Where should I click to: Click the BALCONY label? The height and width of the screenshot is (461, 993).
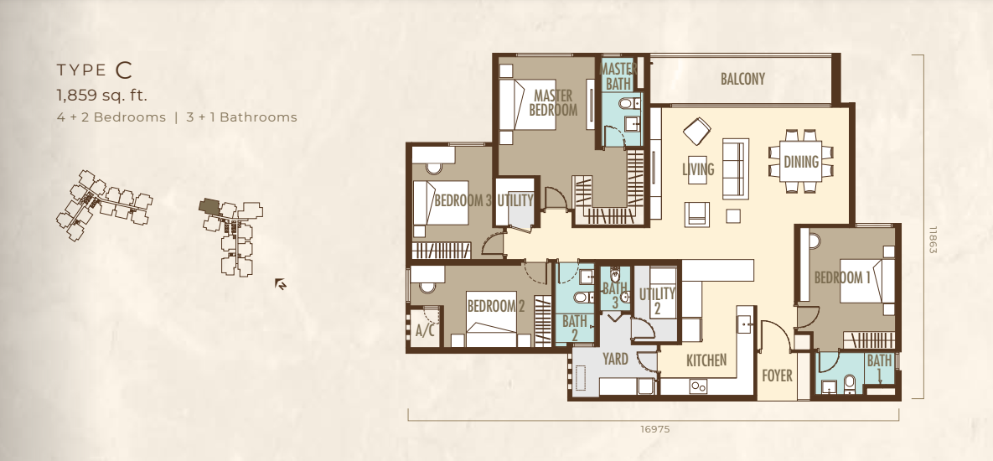click(x=742, y=79)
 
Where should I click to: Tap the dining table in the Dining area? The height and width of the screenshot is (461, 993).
click(x=801, y=161)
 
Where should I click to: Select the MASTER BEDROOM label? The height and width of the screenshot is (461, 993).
click(x=553, y=102)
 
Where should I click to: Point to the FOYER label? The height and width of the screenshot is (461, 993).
click(x=777, y=376)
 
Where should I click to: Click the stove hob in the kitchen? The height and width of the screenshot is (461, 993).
click(x=699, y=386)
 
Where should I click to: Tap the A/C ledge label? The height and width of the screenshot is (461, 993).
click(x=425, y=330)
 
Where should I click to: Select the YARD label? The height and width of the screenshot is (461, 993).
click(x=615, y=360)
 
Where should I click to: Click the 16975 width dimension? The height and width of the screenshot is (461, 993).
click(x=654, y=428)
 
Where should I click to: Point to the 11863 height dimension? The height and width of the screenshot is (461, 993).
click(x=933, y=240)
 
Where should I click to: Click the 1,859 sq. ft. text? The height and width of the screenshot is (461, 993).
click(x=102, y=96)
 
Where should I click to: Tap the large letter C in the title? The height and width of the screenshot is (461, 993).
click(x=123, y=70)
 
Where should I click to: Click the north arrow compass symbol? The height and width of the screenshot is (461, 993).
click(x=281, y=284)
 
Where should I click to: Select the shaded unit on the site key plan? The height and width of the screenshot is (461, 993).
click(x=209, y=206)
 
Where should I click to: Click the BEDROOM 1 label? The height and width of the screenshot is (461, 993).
click(x=841, y=277)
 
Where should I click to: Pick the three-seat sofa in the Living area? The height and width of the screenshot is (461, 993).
click(x=735, y=168)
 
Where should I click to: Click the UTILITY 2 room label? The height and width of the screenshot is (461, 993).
click(x=657, y=301)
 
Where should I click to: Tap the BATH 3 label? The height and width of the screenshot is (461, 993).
click(x=613, y=295)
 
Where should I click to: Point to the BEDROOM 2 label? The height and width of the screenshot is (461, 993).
click(x=496, y=307)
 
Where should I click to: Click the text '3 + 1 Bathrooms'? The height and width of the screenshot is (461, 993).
click(x=241, y=117)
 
